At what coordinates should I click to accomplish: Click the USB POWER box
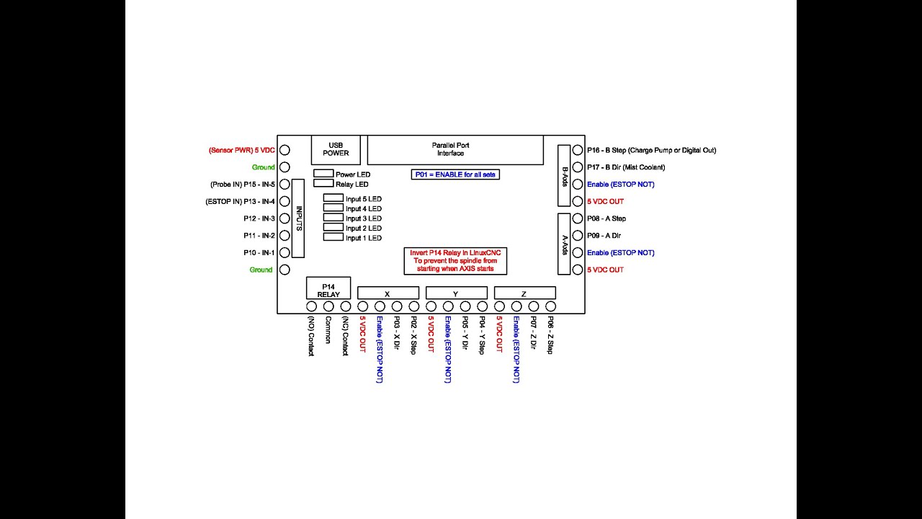point(336,149)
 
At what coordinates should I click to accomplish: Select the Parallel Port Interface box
point(455,149)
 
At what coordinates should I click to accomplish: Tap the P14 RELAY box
point(328,288)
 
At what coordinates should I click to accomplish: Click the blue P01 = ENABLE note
point(455,174)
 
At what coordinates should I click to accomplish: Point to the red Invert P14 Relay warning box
point(455,261)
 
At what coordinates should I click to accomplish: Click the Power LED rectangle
point(323,174)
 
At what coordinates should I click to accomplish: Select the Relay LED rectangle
point(323,184)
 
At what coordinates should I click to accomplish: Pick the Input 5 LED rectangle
point(333,198)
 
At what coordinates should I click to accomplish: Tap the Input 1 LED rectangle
point(333,237)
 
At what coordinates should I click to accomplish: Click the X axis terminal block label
point(388,293)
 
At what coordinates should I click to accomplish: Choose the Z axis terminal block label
point(524,293)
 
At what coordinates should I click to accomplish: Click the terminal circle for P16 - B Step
point(578,151)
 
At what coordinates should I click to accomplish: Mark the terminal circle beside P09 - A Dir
point(578,236)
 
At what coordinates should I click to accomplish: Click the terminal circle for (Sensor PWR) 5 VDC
point(285,151)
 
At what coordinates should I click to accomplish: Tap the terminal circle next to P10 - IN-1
point(285,253)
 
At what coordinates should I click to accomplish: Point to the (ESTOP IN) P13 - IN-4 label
point(240,202)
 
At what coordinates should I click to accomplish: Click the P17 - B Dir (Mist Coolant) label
point(625,167)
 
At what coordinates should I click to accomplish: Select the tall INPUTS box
point(298,218)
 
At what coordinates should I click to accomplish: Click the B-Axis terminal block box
point(564,176)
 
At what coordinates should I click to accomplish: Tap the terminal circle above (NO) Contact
point(311,307)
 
